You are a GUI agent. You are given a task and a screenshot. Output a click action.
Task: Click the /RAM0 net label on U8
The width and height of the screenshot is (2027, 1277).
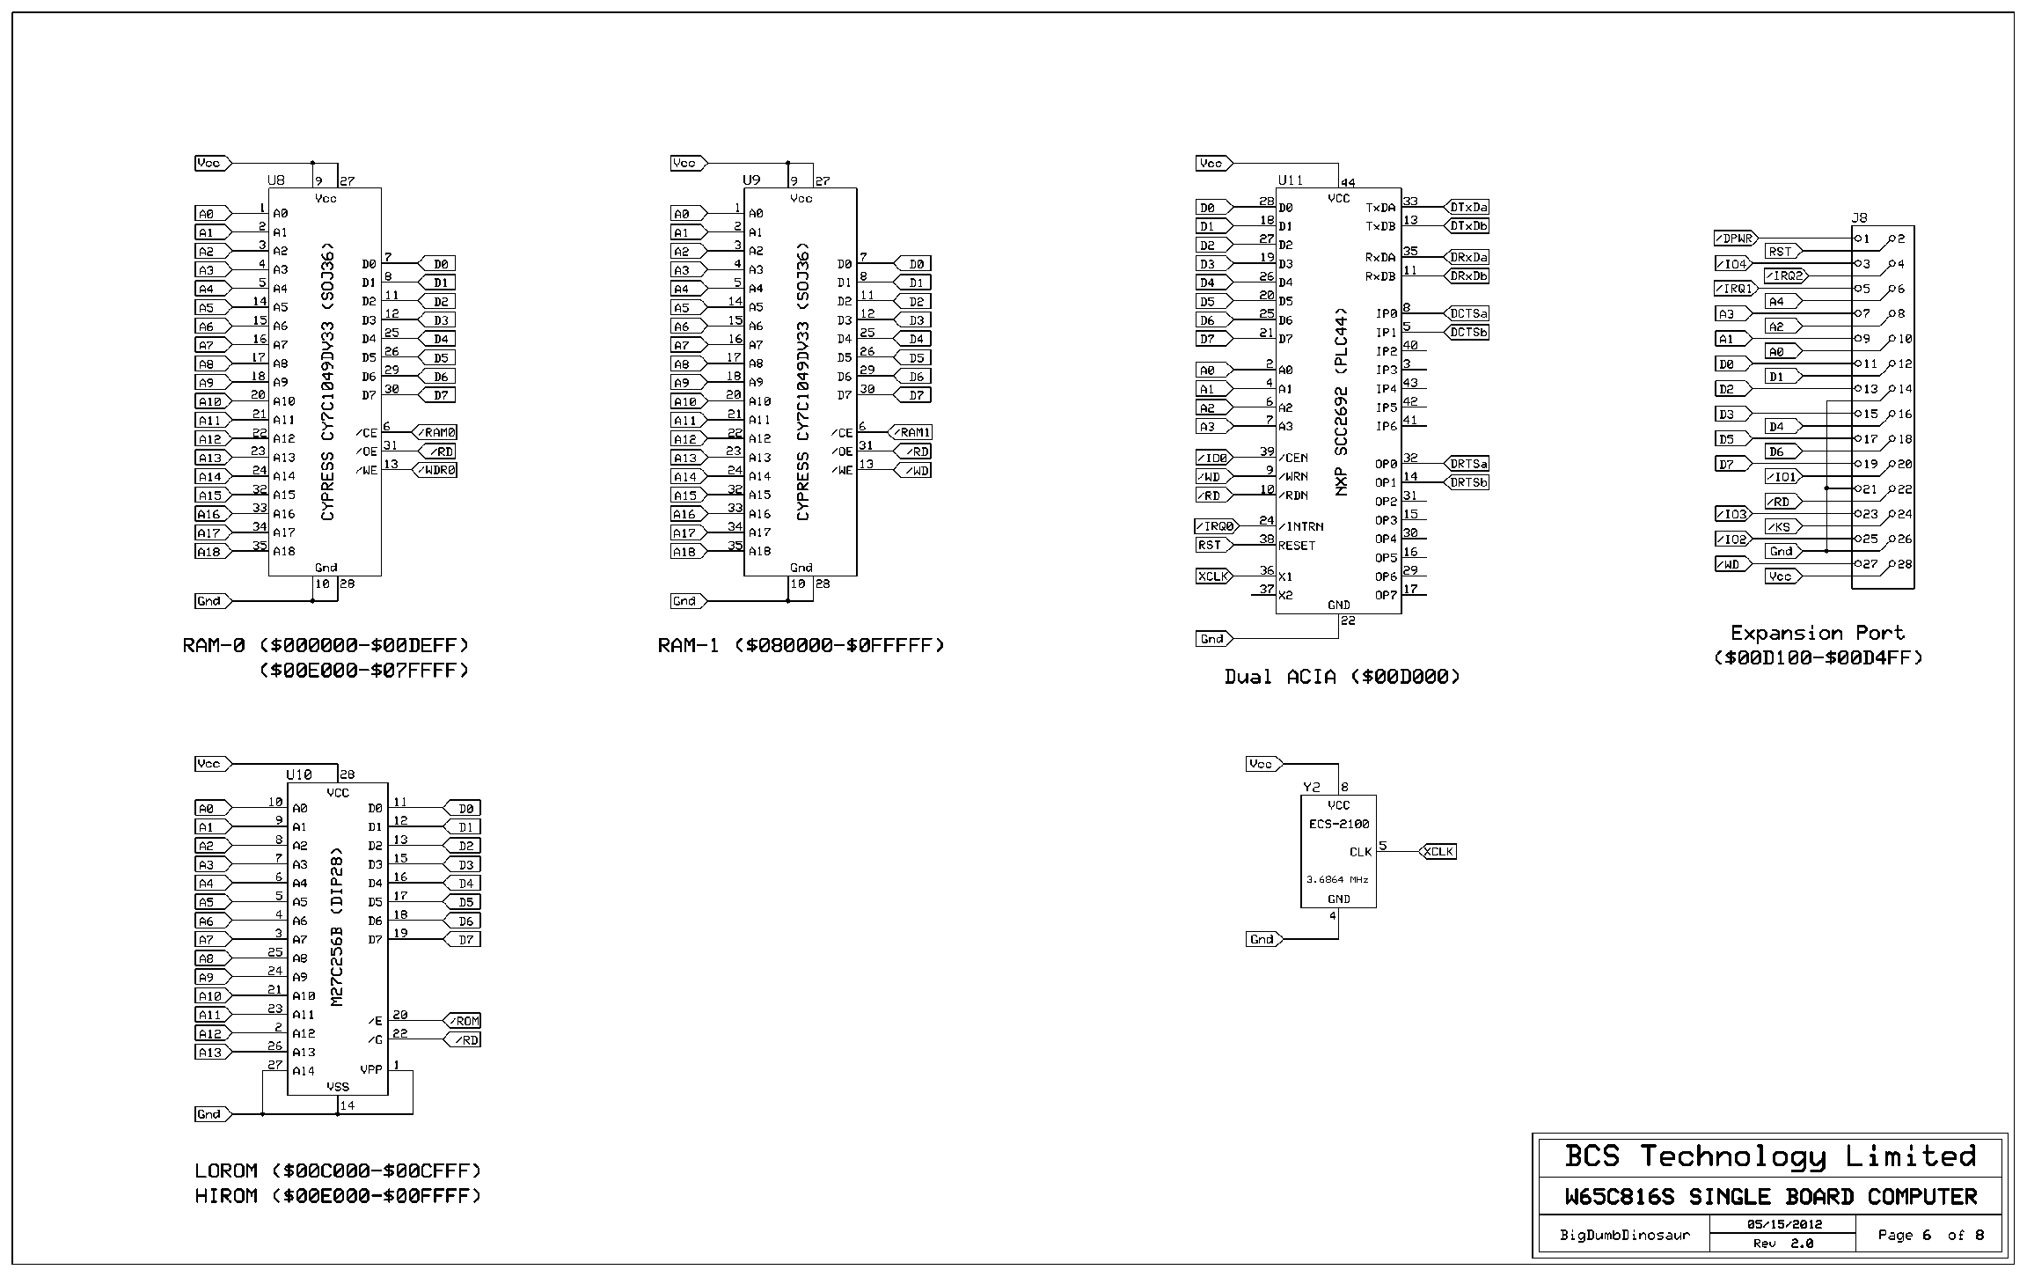coord(436,433)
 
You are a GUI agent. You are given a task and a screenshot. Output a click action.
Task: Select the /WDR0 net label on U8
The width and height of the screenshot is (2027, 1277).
coord(436,470)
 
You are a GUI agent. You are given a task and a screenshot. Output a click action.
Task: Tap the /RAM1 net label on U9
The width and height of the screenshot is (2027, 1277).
coord(913,433)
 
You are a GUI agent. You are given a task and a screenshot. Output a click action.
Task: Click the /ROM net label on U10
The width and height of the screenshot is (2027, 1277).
coord(463,1021)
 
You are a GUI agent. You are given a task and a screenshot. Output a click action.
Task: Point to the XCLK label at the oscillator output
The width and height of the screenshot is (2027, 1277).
coord(1438,851)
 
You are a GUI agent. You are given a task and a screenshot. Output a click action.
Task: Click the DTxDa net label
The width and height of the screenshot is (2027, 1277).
coord(1468,208)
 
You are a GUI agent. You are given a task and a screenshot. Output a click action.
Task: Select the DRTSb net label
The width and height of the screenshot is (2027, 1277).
coord(1468,482)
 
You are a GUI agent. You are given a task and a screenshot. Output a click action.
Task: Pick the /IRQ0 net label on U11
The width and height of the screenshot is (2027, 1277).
coord(1215,526)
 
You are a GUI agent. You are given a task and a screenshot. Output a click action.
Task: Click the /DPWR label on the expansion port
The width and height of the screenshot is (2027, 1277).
coord(1735,239)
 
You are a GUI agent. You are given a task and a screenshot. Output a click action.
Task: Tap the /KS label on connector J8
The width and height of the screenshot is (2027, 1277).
coord(1782,527)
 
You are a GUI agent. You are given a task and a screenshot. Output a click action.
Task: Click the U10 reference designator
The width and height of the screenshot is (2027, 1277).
coord(299,775)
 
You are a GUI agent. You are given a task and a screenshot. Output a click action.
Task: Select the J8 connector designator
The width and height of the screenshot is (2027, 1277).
coord(1859,217)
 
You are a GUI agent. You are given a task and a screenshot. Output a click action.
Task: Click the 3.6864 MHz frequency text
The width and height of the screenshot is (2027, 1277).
coord(1337,879)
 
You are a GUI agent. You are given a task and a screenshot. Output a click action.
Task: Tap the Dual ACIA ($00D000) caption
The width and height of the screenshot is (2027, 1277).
coord(1343,677)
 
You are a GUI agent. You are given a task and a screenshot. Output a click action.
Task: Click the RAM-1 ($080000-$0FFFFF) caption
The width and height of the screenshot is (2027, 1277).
coord(801,646)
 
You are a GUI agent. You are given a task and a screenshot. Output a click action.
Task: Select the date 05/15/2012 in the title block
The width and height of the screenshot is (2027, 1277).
coord(1782,1224)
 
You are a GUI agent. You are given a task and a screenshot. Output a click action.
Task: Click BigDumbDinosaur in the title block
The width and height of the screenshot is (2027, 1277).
coord(1625,1235)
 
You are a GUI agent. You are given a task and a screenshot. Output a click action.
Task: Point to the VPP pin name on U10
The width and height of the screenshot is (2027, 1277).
coord(370,1070)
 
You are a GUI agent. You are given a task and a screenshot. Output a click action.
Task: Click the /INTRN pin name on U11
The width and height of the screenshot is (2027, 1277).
coord(1301,526)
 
